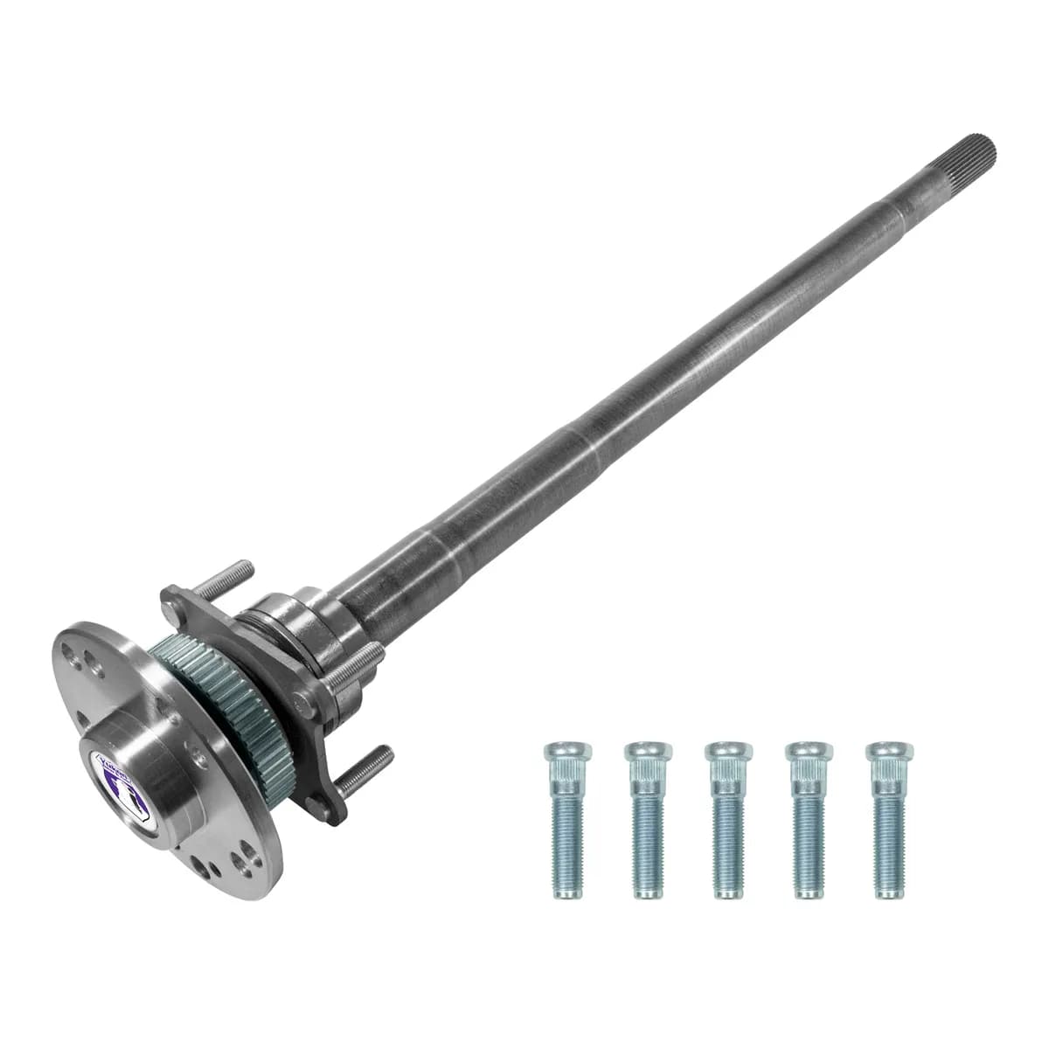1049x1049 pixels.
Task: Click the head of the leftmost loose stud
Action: [566, 752]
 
